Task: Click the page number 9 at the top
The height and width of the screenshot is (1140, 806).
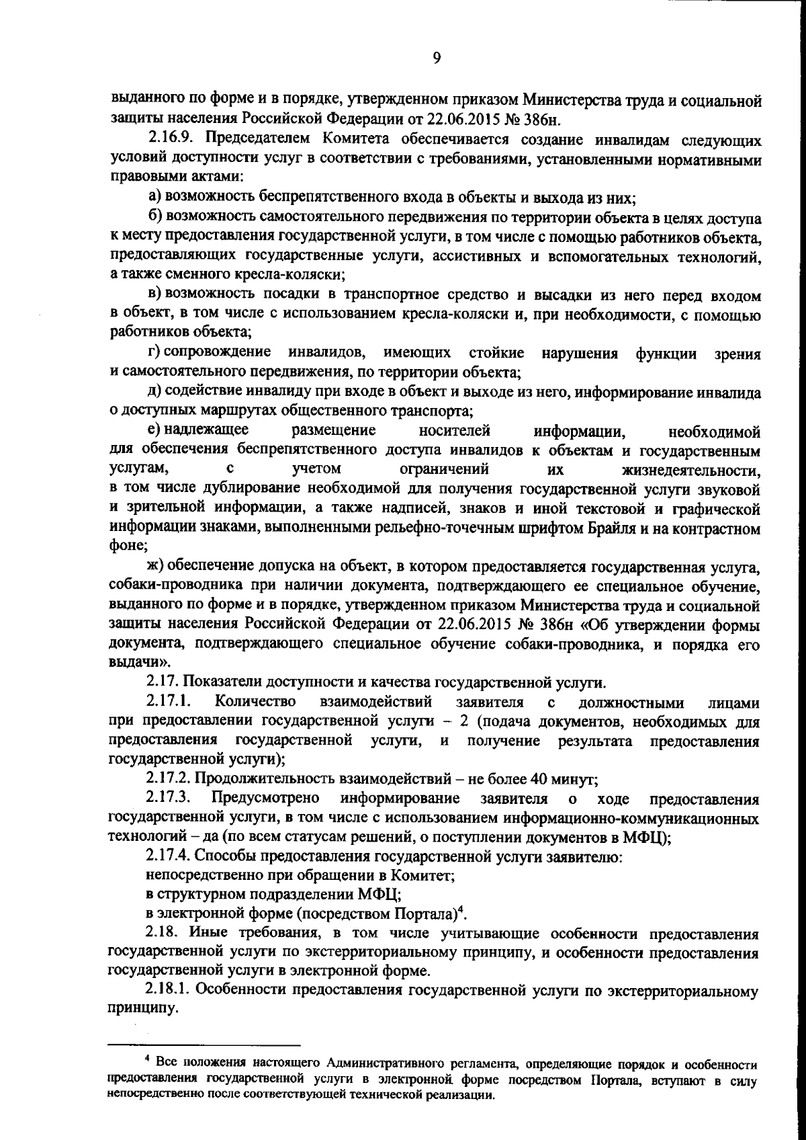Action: [x=436, y=58]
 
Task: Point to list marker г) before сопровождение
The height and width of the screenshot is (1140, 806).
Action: [x=154, y=352]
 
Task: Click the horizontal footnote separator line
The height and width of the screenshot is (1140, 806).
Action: [x=204, y=1046]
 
